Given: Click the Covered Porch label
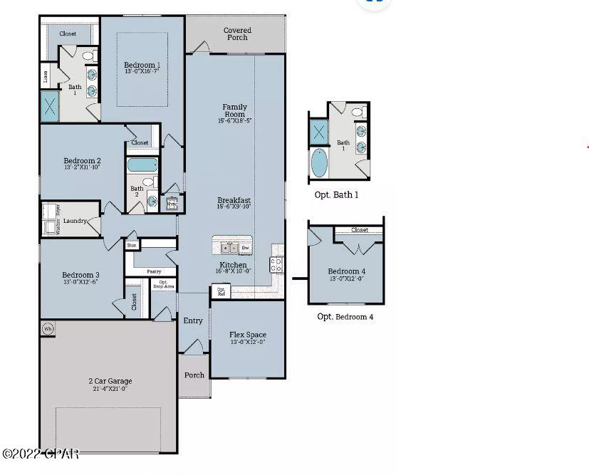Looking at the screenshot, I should pos(237,33).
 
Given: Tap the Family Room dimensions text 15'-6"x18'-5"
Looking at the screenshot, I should pos(234,121).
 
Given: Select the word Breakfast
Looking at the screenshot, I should pos(234,201).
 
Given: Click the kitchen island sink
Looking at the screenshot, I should pos(229,248).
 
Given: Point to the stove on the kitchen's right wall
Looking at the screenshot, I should pos(276,264).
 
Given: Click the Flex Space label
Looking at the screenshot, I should pos(247,335).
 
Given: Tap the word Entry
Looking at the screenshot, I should pos(193,320).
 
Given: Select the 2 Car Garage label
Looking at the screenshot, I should pos(110,381).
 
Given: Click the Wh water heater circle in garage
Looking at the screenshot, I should pos(48,328).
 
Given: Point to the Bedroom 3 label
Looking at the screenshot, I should pos(80,275).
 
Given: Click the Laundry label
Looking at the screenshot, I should pos(75,221).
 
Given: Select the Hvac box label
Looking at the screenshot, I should pos(172,204).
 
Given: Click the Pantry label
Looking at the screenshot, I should pos(154,271).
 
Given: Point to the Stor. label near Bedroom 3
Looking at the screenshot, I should pos(132,245).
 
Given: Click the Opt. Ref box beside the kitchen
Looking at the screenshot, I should pos(221,291).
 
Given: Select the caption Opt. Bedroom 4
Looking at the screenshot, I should pos(345,316).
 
